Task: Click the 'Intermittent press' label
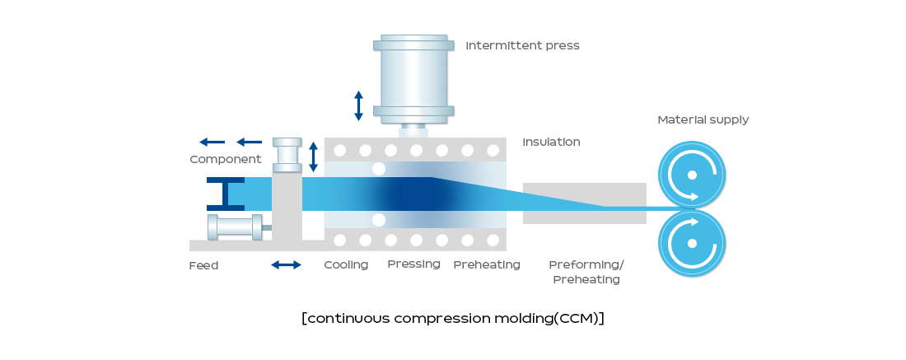(522, 45)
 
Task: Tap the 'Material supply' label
(703, 120)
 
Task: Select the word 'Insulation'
(551, 143)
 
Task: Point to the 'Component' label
(226, 160)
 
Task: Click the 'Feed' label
(204, 266)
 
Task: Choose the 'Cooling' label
(346, 264)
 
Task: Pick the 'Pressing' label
(413, 264)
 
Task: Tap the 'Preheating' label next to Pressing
(487, 264)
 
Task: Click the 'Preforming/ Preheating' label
(586, 272)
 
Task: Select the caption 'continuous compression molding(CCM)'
(453, 318)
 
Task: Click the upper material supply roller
(692, 175)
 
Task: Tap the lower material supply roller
(692, 243)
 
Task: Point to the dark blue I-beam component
(226, 194)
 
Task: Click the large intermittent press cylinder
(413, 79)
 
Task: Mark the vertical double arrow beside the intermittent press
(359, 105)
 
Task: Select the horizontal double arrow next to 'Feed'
(286, 265)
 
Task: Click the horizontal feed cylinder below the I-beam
(236, 227)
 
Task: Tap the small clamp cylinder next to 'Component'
(287, 155)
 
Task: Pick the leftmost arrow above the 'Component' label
(212, 143)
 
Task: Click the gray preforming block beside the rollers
(585, 203)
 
